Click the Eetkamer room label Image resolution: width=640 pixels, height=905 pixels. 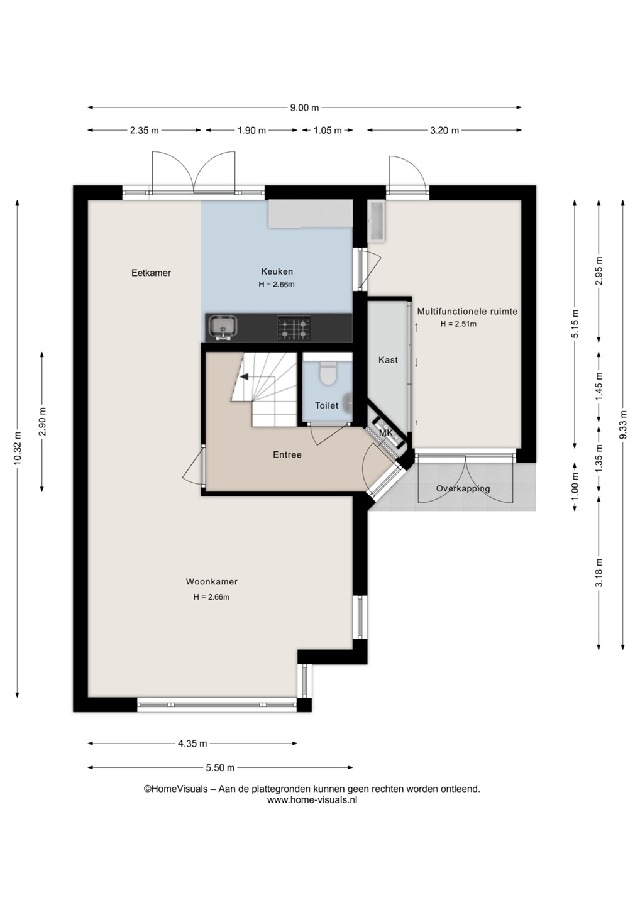point(151,273)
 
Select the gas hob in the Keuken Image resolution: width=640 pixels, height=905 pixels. point(294,327)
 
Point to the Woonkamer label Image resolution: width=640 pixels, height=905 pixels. point(211,582)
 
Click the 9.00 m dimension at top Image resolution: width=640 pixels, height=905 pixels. point(305,107)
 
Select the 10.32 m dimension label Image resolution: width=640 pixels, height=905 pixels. point(18,448)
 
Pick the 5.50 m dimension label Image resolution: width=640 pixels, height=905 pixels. point(220,767)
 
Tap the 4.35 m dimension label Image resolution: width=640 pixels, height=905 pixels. point(193,743)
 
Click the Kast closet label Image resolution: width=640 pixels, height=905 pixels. point(388,359)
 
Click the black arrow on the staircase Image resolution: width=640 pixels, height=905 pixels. point(244,376)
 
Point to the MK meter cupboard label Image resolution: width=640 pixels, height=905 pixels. point(386,433)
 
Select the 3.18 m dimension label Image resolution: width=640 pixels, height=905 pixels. point(599,573)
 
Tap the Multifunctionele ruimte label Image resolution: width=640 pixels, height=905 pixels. point(467,312)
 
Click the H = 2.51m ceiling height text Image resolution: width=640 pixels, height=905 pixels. point(458,324)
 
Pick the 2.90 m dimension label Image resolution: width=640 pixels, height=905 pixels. point(42,421)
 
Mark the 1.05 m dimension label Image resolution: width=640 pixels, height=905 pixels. point(328,130)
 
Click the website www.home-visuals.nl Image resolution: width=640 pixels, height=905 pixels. point(312,799)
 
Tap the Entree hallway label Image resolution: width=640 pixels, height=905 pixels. point(287,455)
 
